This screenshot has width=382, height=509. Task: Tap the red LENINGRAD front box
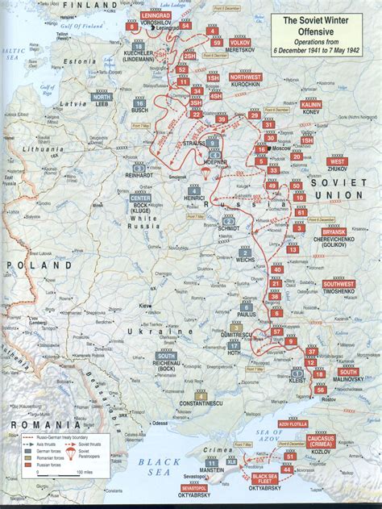pos(155,15)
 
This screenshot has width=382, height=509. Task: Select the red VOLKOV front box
pos(240,42)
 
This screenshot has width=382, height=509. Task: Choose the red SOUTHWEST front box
pos(338,284)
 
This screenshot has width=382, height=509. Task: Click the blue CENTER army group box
pos(141,198)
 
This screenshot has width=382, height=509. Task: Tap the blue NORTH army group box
pos(101,95)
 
